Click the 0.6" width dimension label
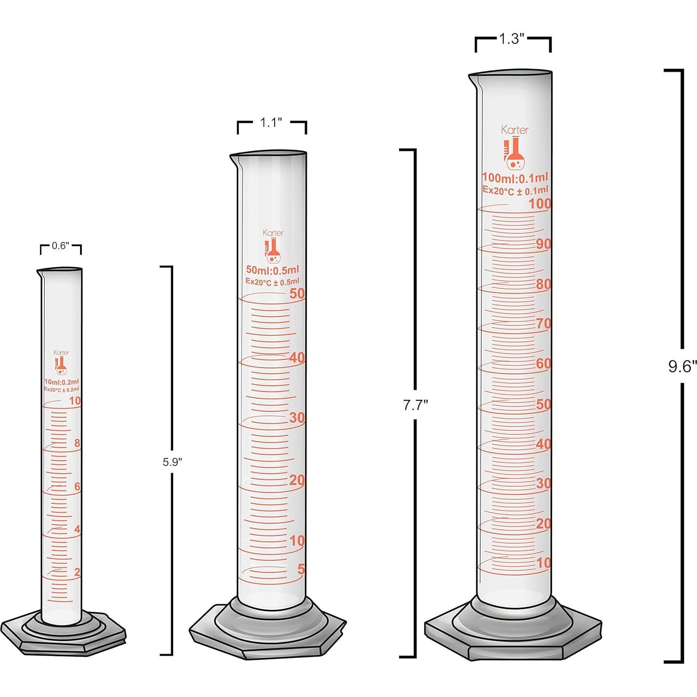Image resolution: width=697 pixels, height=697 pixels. pos(60,246)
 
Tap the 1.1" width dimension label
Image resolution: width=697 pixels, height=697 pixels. pos(271,123)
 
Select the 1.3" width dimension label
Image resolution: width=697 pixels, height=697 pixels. pos(512,39)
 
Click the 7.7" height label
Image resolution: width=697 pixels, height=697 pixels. pos(415,405)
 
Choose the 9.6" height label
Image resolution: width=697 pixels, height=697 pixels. pos(682,367)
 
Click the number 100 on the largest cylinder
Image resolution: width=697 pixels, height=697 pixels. pos(540,204)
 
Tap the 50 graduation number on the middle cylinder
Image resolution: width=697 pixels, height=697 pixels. pos(297,294)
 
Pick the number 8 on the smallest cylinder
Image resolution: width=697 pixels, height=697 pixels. pos(77,443)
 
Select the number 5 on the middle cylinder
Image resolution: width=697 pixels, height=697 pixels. pos(301,569)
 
